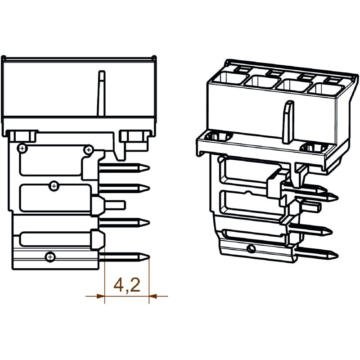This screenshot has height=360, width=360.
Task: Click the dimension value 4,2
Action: point(127,285)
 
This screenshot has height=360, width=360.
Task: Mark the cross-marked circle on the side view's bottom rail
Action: point(49,257)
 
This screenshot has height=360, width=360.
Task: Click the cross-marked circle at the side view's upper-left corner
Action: point(22,148)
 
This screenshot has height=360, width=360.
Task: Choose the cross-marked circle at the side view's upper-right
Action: point(89,149)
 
